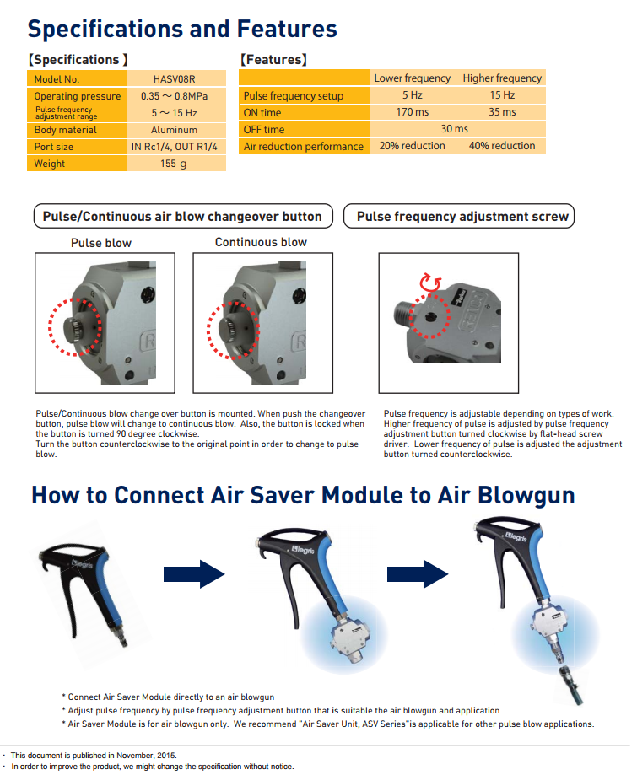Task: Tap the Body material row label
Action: click(65, 130)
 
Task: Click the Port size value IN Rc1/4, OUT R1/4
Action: click(175, 147)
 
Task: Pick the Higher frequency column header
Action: click(502, 78)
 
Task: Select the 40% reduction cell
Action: click(502, 146)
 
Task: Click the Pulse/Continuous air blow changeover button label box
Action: click(182, 217)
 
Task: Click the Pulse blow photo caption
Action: click(101, 243)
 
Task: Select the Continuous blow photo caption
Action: click(261, 242)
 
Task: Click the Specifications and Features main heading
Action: click(182, 29)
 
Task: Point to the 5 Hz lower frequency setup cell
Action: click(413, 95)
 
